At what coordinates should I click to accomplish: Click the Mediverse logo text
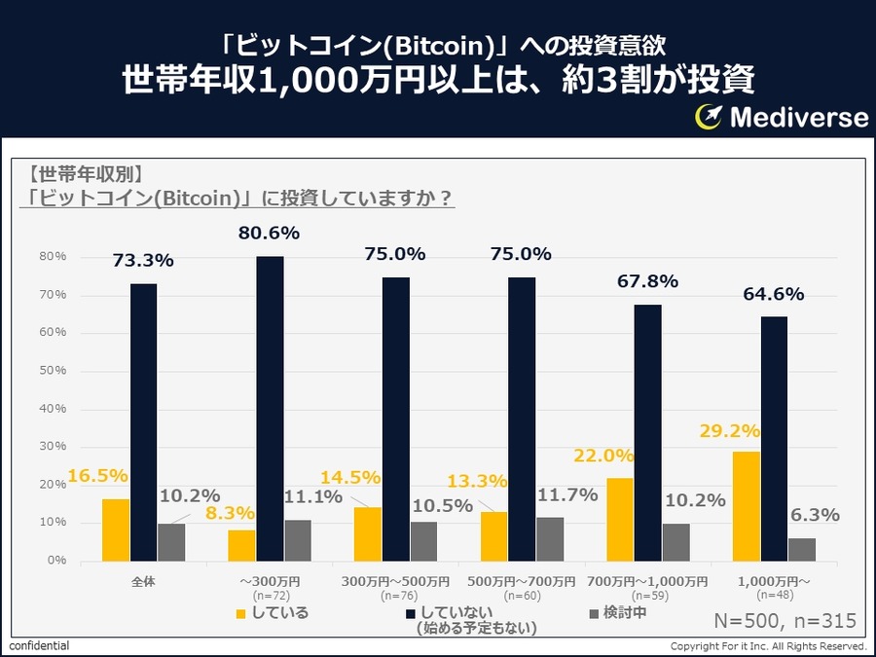click(x=798, y=117)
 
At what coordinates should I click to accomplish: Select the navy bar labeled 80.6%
click(x=270, y=409)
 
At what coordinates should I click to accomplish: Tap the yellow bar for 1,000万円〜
click(x=746, y=506)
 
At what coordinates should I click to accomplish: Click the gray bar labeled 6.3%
click(x=802, y=550)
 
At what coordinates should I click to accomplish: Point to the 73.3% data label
click(x=143, y=261)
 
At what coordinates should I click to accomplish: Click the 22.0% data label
click(x=603, y=456)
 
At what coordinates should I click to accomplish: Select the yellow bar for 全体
click(x=116, y=529)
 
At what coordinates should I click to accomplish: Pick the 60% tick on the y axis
click(x=53, y=333)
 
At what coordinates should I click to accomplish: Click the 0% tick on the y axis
click(x=56, y=561)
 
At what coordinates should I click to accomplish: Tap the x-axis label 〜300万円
click(x=270, y=581)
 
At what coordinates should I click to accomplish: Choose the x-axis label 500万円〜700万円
click(x=521, y=581)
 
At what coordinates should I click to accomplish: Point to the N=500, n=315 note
click(x=785, y=621)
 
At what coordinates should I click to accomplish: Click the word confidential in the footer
click(x=40, y=646)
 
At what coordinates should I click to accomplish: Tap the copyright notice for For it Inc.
click(x=768, y=646)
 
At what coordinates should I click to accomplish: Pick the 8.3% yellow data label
click(x=231, y=513)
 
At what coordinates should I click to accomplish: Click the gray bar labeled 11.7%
click(x=550, y=539)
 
